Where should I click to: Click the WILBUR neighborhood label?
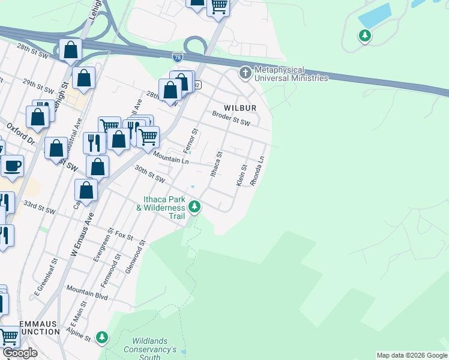(240, 108)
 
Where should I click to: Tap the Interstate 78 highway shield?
(177, 58)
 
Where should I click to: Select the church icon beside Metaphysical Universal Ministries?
(245, 73)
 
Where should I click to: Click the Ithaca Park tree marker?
(194, 208)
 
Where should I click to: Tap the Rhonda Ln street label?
(261, 171)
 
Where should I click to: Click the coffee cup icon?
(12, 166)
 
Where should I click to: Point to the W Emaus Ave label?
(82, 234)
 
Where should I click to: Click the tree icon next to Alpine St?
(103, 338)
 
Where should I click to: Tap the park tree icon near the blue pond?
(364, 36)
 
